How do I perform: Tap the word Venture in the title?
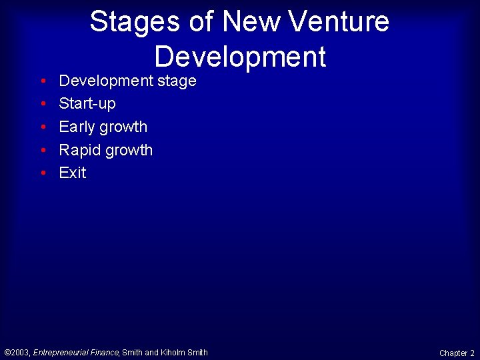pos(344,21)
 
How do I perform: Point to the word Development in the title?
pos(240,57)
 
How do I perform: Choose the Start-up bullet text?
pos(87,104)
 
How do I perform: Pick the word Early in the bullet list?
pos(75,127)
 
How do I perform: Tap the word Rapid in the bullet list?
pos(78,150)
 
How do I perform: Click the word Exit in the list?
pos(73,173)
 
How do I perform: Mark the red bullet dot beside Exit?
pos(43,173)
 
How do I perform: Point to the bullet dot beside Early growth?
pos(43,127)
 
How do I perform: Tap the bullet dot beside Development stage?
pos(43,81)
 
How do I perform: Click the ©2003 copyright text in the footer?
pos(17,353)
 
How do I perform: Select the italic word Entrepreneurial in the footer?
pos(61,353)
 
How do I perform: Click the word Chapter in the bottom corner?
pos(453,353)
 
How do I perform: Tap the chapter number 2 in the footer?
pos(473,353)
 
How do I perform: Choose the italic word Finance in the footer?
pos(105,353)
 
